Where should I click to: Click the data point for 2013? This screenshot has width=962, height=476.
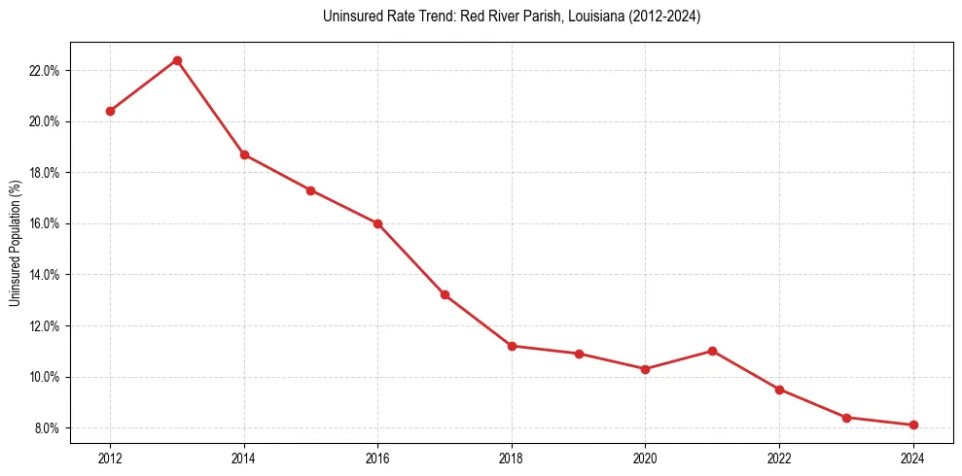[x=177, y=60]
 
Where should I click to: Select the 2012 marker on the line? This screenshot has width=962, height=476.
[x=110, y=111]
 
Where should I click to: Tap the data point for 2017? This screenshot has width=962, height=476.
[x=445, y=294]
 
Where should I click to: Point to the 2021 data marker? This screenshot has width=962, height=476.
[x=712, y=351]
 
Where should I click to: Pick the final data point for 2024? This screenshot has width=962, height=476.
[x=913, y=425]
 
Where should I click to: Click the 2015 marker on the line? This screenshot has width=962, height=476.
[x=310, y=190]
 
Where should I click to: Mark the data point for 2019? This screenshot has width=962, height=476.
[x=579, y=354]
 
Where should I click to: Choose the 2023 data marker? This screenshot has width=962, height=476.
[x=846, y=418]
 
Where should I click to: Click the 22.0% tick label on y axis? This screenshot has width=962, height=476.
[x=45, y=71]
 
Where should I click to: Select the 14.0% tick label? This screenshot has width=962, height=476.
[x=45, y=275]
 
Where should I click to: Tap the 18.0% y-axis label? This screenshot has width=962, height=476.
[x=45, y=173]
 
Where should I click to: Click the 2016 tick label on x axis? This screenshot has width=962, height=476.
[x=377, y=457]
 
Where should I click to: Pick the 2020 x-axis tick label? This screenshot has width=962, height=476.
[x=645, y=457]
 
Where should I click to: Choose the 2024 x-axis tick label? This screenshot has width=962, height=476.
[x=913, y=457]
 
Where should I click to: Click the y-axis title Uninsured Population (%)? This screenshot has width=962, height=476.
[x=16, y=243]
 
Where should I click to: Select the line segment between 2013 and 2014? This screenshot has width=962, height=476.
[x=211, y=108]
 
